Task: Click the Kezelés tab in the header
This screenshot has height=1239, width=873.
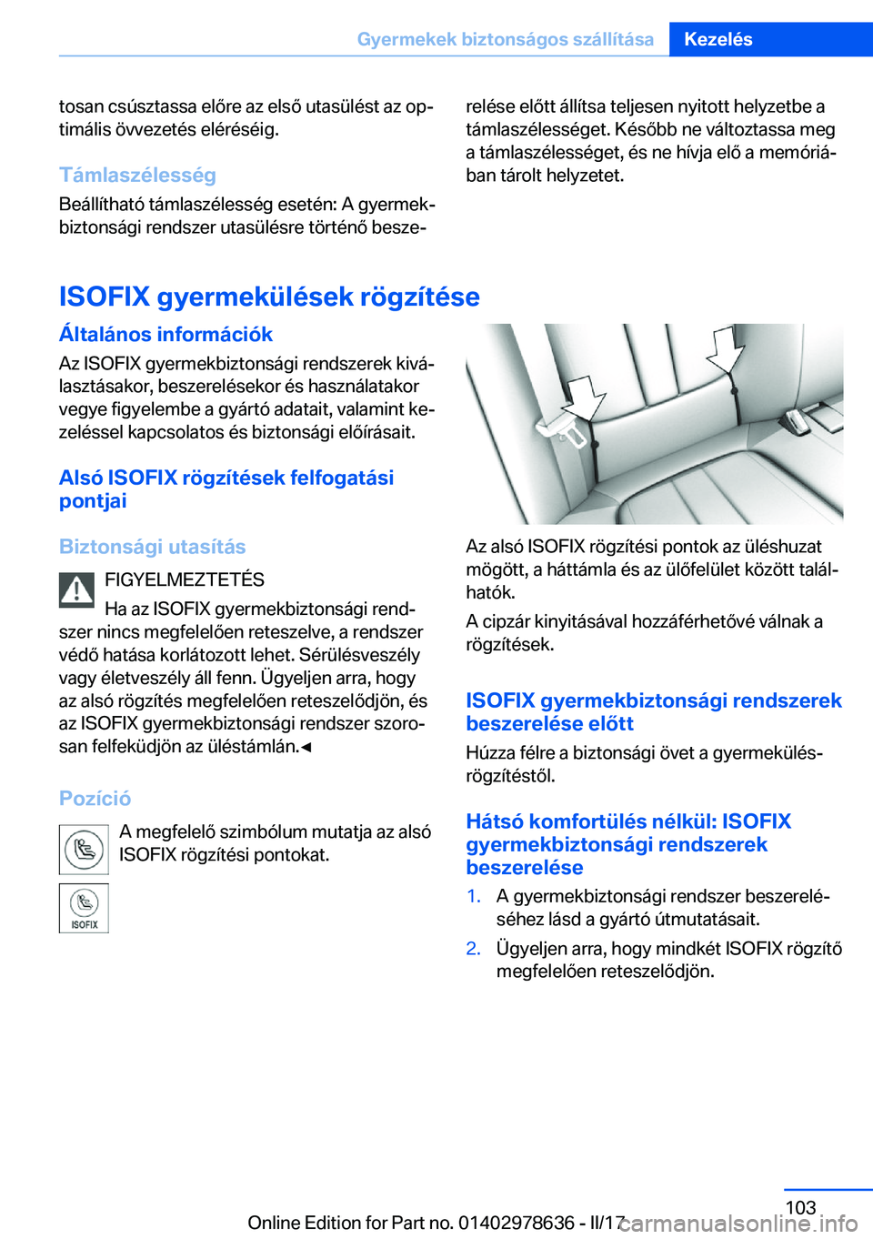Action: point(718,39)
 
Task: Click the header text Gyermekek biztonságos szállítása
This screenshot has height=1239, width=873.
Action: point(505,39)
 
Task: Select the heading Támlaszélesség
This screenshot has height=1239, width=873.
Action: point(137,175)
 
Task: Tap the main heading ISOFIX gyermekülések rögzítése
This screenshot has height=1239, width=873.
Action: point(269,297)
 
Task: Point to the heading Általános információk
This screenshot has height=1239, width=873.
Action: point(166,334)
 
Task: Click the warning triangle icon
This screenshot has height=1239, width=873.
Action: point(77,590)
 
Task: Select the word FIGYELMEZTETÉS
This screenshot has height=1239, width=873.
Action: point(185,579)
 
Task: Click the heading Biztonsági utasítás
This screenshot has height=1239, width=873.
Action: point(152,547)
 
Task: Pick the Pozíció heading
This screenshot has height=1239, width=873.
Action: point(95,798)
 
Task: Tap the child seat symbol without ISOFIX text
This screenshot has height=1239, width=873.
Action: point(84,850)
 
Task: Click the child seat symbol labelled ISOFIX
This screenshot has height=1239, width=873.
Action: point(84,908)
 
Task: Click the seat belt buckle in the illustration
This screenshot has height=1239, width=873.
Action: point(565,431)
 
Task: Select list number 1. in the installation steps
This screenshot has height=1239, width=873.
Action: point(474,896)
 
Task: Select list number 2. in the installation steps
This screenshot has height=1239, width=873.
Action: point(474,948)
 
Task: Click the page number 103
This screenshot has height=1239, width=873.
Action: point(800,1207)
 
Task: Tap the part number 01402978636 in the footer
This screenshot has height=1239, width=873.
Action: point(517,1223)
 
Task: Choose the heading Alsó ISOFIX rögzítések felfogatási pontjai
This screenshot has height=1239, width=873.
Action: point(226,489)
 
